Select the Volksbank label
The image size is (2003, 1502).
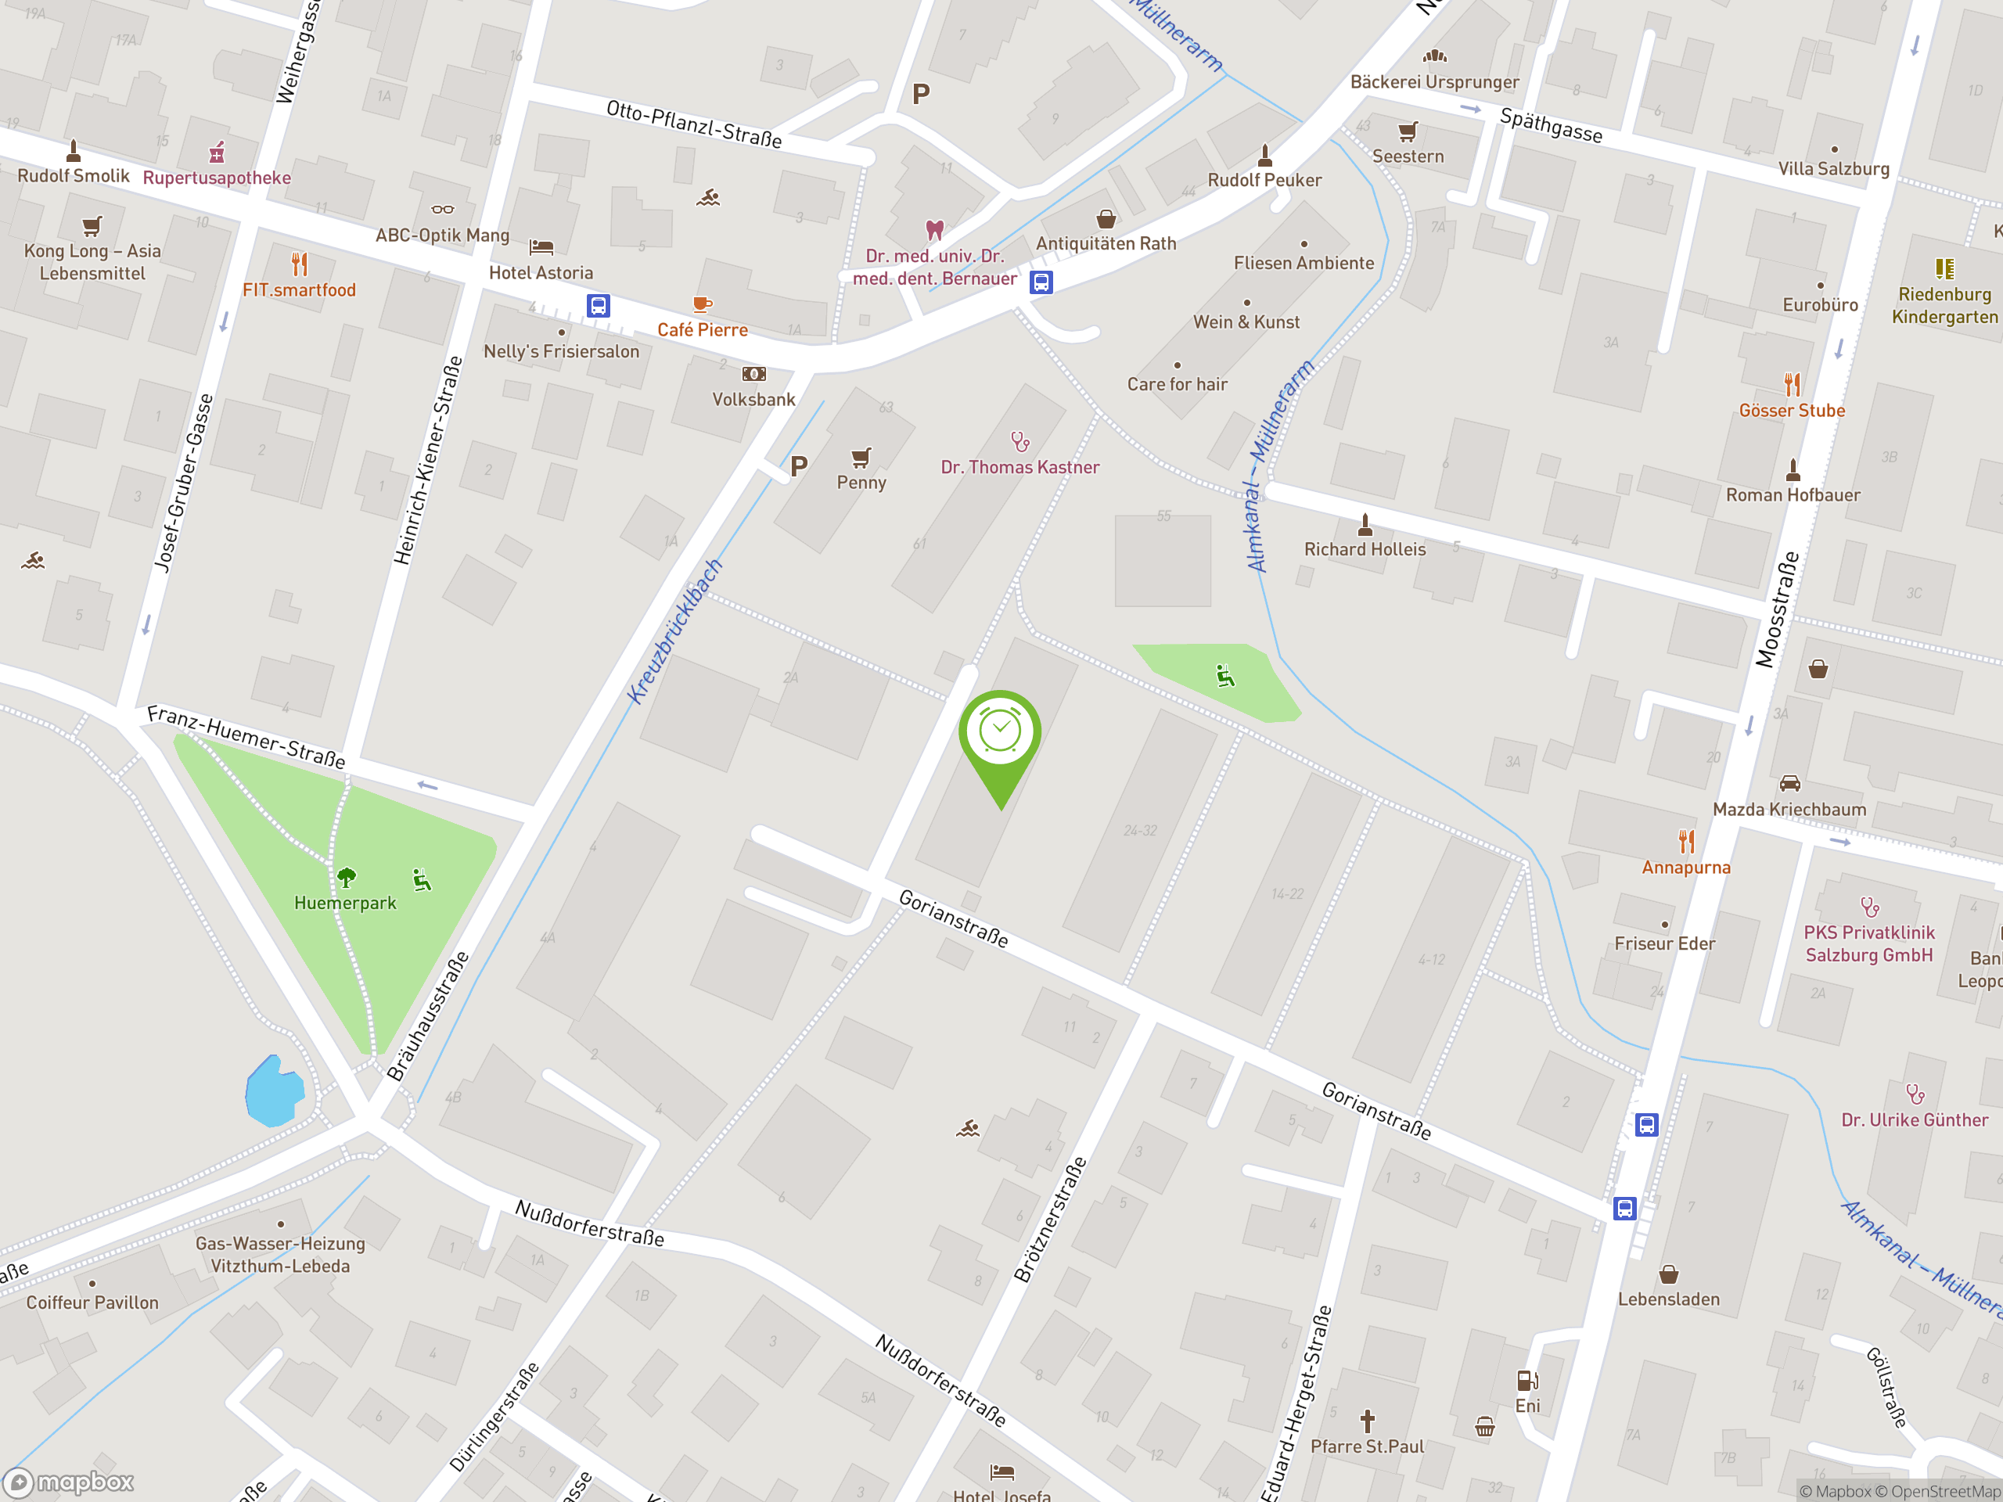[x=753, y=399]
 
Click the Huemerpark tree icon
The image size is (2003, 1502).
[x=346, y=876]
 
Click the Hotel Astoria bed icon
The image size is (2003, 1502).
[x=541, y=246]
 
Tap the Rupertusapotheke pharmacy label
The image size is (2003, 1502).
[x=218, y=178]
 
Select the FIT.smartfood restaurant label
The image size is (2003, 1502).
[x=299, y=289]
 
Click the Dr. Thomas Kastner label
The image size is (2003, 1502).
[x=1019, y=467]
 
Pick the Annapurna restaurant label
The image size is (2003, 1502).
[x=1685, y=868]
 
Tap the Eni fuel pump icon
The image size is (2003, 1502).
[x=1527, y=1381]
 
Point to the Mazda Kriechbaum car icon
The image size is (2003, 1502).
[x=1789, y=783]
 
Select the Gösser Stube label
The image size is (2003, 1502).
[x=1791, y=410]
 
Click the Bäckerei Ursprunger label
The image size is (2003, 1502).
[x=1434, y=81]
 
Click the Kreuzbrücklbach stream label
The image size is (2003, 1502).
[x=674, y=631]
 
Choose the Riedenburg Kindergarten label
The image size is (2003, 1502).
[x=1944, y=305]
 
